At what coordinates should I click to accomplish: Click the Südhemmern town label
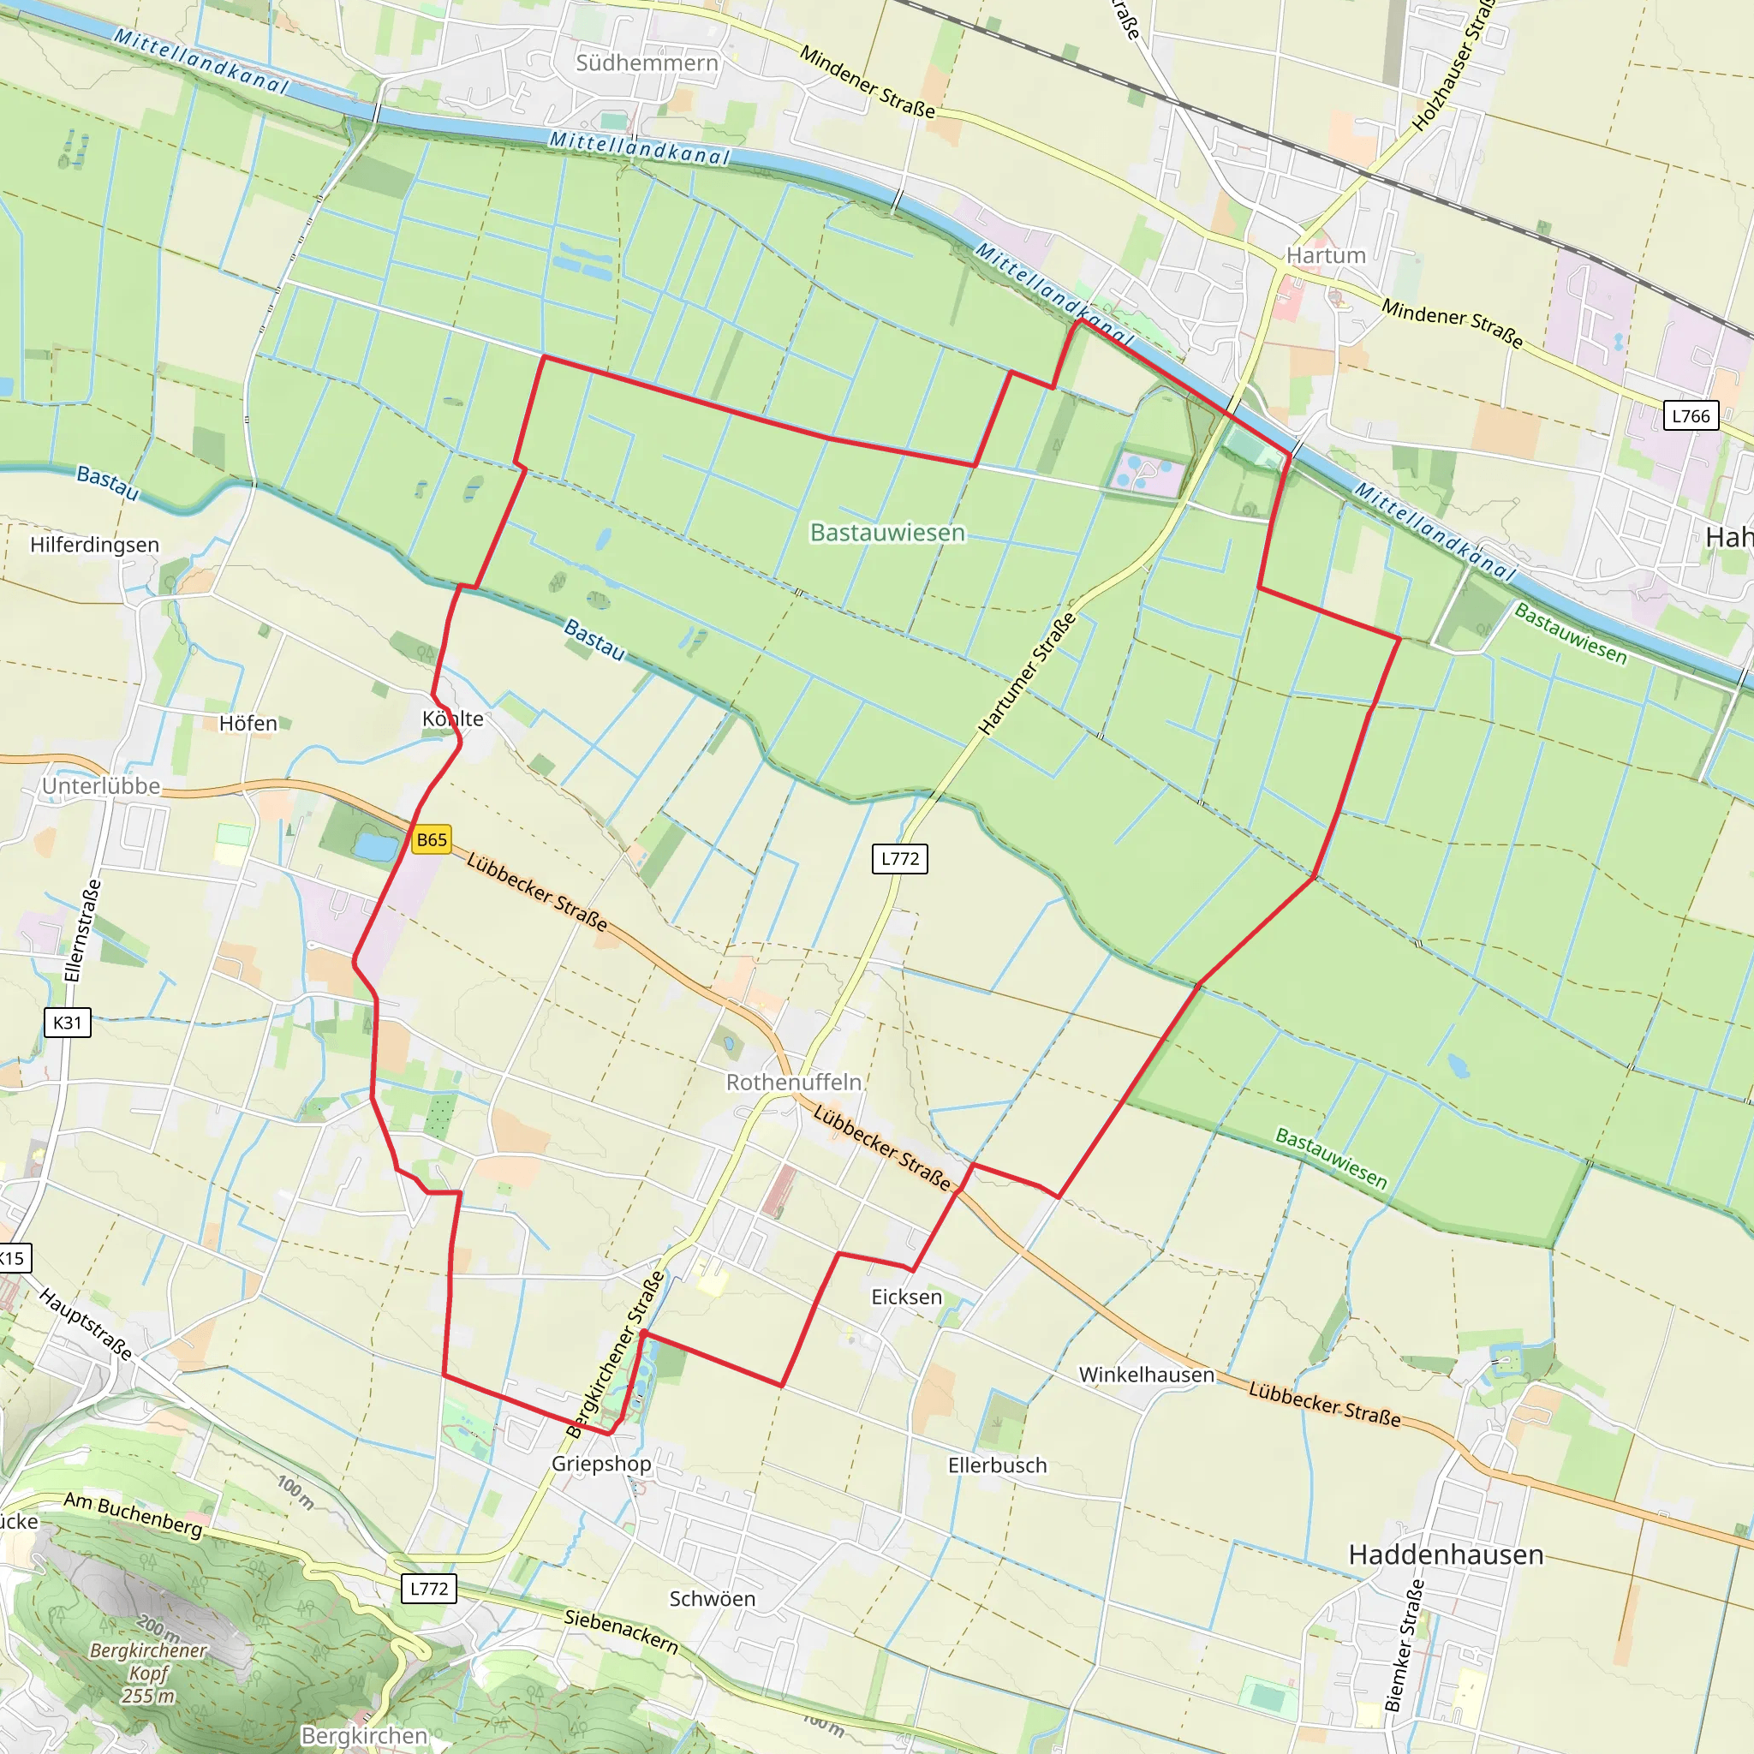pos(647,63)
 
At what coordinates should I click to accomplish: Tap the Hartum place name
pos(1326,255)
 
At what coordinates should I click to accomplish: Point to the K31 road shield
pos(67,1023)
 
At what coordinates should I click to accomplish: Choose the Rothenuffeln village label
pos(793,1083)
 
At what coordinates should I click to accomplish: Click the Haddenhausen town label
pos(1446,1554)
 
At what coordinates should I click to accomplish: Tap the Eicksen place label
pos(906,1297)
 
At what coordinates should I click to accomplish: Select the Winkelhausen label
pos(1146,1375)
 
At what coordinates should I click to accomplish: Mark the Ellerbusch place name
pos(997,1465)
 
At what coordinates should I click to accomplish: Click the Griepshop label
pos(601,1464)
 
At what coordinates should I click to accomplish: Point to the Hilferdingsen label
pos(94,545)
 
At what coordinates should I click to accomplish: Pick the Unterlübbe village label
pos(101,786)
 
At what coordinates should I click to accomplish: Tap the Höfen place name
pos(248,724)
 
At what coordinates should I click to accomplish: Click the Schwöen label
pos(712,1599)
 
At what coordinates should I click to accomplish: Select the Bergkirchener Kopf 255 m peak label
pos(148,1673)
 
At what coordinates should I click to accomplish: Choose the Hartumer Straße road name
pos(1027,674)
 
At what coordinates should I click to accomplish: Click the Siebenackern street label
pos(621,1631)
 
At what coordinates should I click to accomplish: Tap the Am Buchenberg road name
pos(133,1514)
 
